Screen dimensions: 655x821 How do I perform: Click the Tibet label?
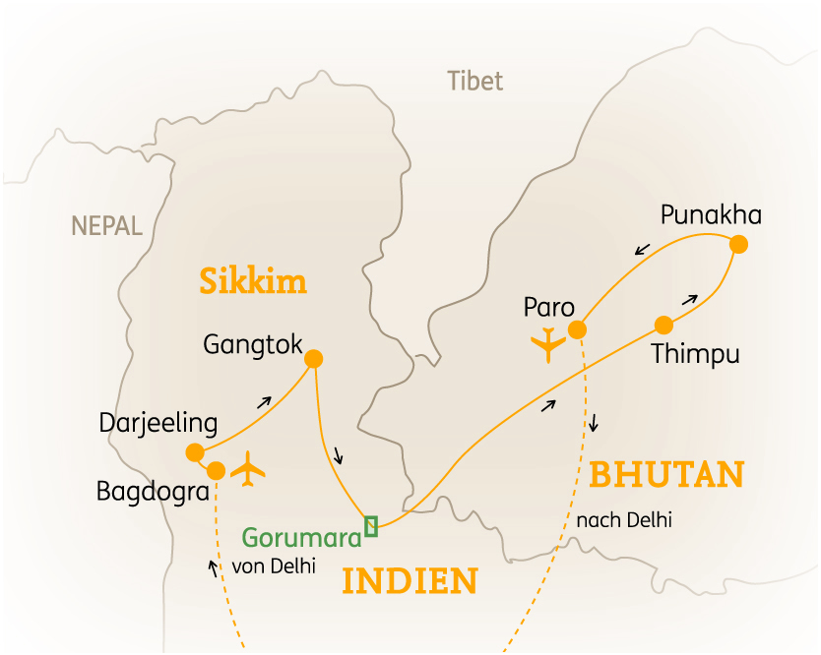coord(474,81)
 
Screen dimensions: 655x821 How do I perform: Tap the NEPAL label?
coord(106,226)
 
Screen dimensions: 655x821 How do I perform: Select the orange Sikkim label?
coord(253,282)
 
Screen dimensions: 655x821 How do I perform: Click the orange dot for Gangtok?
coord(314,359)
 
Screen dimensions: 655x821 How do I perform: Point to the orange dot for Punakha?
coord(738,245)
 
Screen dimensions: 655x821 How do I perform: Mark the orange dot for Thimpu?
coord(663,325)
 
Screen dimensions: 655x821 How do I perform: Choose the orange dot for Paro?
coord(579,328)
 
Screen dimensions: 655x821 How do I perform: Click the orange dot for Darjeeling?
coord(195,452)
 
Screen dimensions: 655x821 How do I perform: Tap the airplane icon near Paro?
coord(547,345)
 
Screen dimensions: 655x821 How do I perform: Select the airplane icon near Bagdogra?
coord(250,469)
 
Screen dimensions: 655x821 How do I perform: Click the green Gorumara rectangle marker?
coord(371,526)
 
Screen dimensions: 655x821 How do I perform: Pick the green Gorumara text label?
coord(301,537)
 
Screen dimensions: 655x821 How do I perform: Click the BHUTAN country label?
coord(665,475)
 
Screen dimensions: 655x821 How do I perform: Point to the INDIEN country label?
coord(410,581)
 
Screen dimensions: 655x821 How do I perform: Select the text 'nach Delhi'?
coord(625,519)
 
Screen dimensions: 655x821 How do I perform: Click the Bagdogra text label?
coord(153,491)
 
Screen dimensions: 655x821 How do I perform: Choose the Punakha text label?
coord(711,214)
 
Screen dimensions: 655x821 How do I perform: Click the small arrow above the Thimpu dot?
coord(690,297)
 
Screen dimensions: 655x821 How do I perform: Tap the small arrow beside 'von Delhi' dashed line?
coord(213,567)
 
